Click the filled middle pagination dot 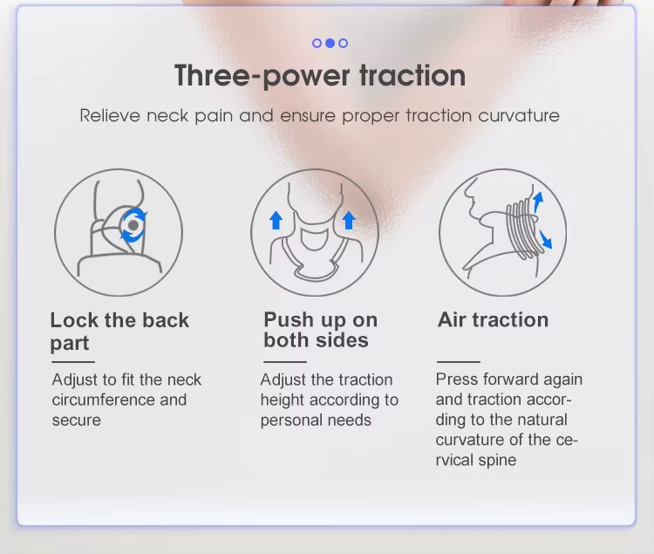pyautogui.click(x=330, y=43)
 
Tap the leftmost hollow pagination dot pyautogui.click(x=317, y=43)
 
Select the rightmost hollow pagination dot pyautogui.click(x=344, y=43)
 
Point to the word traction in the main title pyautogui.click(x=412, y=76)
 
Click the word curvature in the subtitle pyautogui.click(x=519, y=115)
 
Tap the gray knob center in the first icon pyautogui.click(x=133, y=225)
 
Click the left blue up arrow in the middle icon pyautogui.click(x=276, y=220)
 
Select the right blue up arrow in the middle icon pyautogui.click(x=349, y=220)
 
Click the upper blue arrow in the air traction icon pyautogui.click(x=538, y=202)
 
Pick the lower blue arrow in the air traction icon pyautogui.click(x=545, y=239)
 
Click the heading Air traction pyautogui.click(x=493, y=320)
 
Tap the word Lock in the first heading pyautogui.click(x=75, y=320)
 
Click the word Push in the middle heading pyautogui.click(x=289, y=320)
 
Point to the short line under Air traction pyautogui.click(x=459, y=362)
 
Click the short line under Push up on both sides pyautogui.click(x=285, y=362)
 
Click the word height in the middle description pyautogui.click(x=282, y=400)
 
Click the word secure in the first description pyautogui.click(x=77, y=421)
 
